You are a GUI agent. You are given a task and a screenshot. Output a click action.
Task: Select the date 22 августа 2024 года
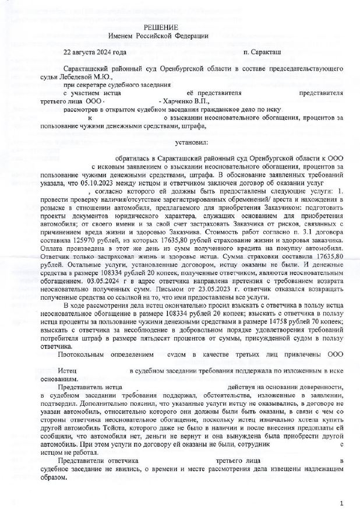(x=95, y=52)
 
